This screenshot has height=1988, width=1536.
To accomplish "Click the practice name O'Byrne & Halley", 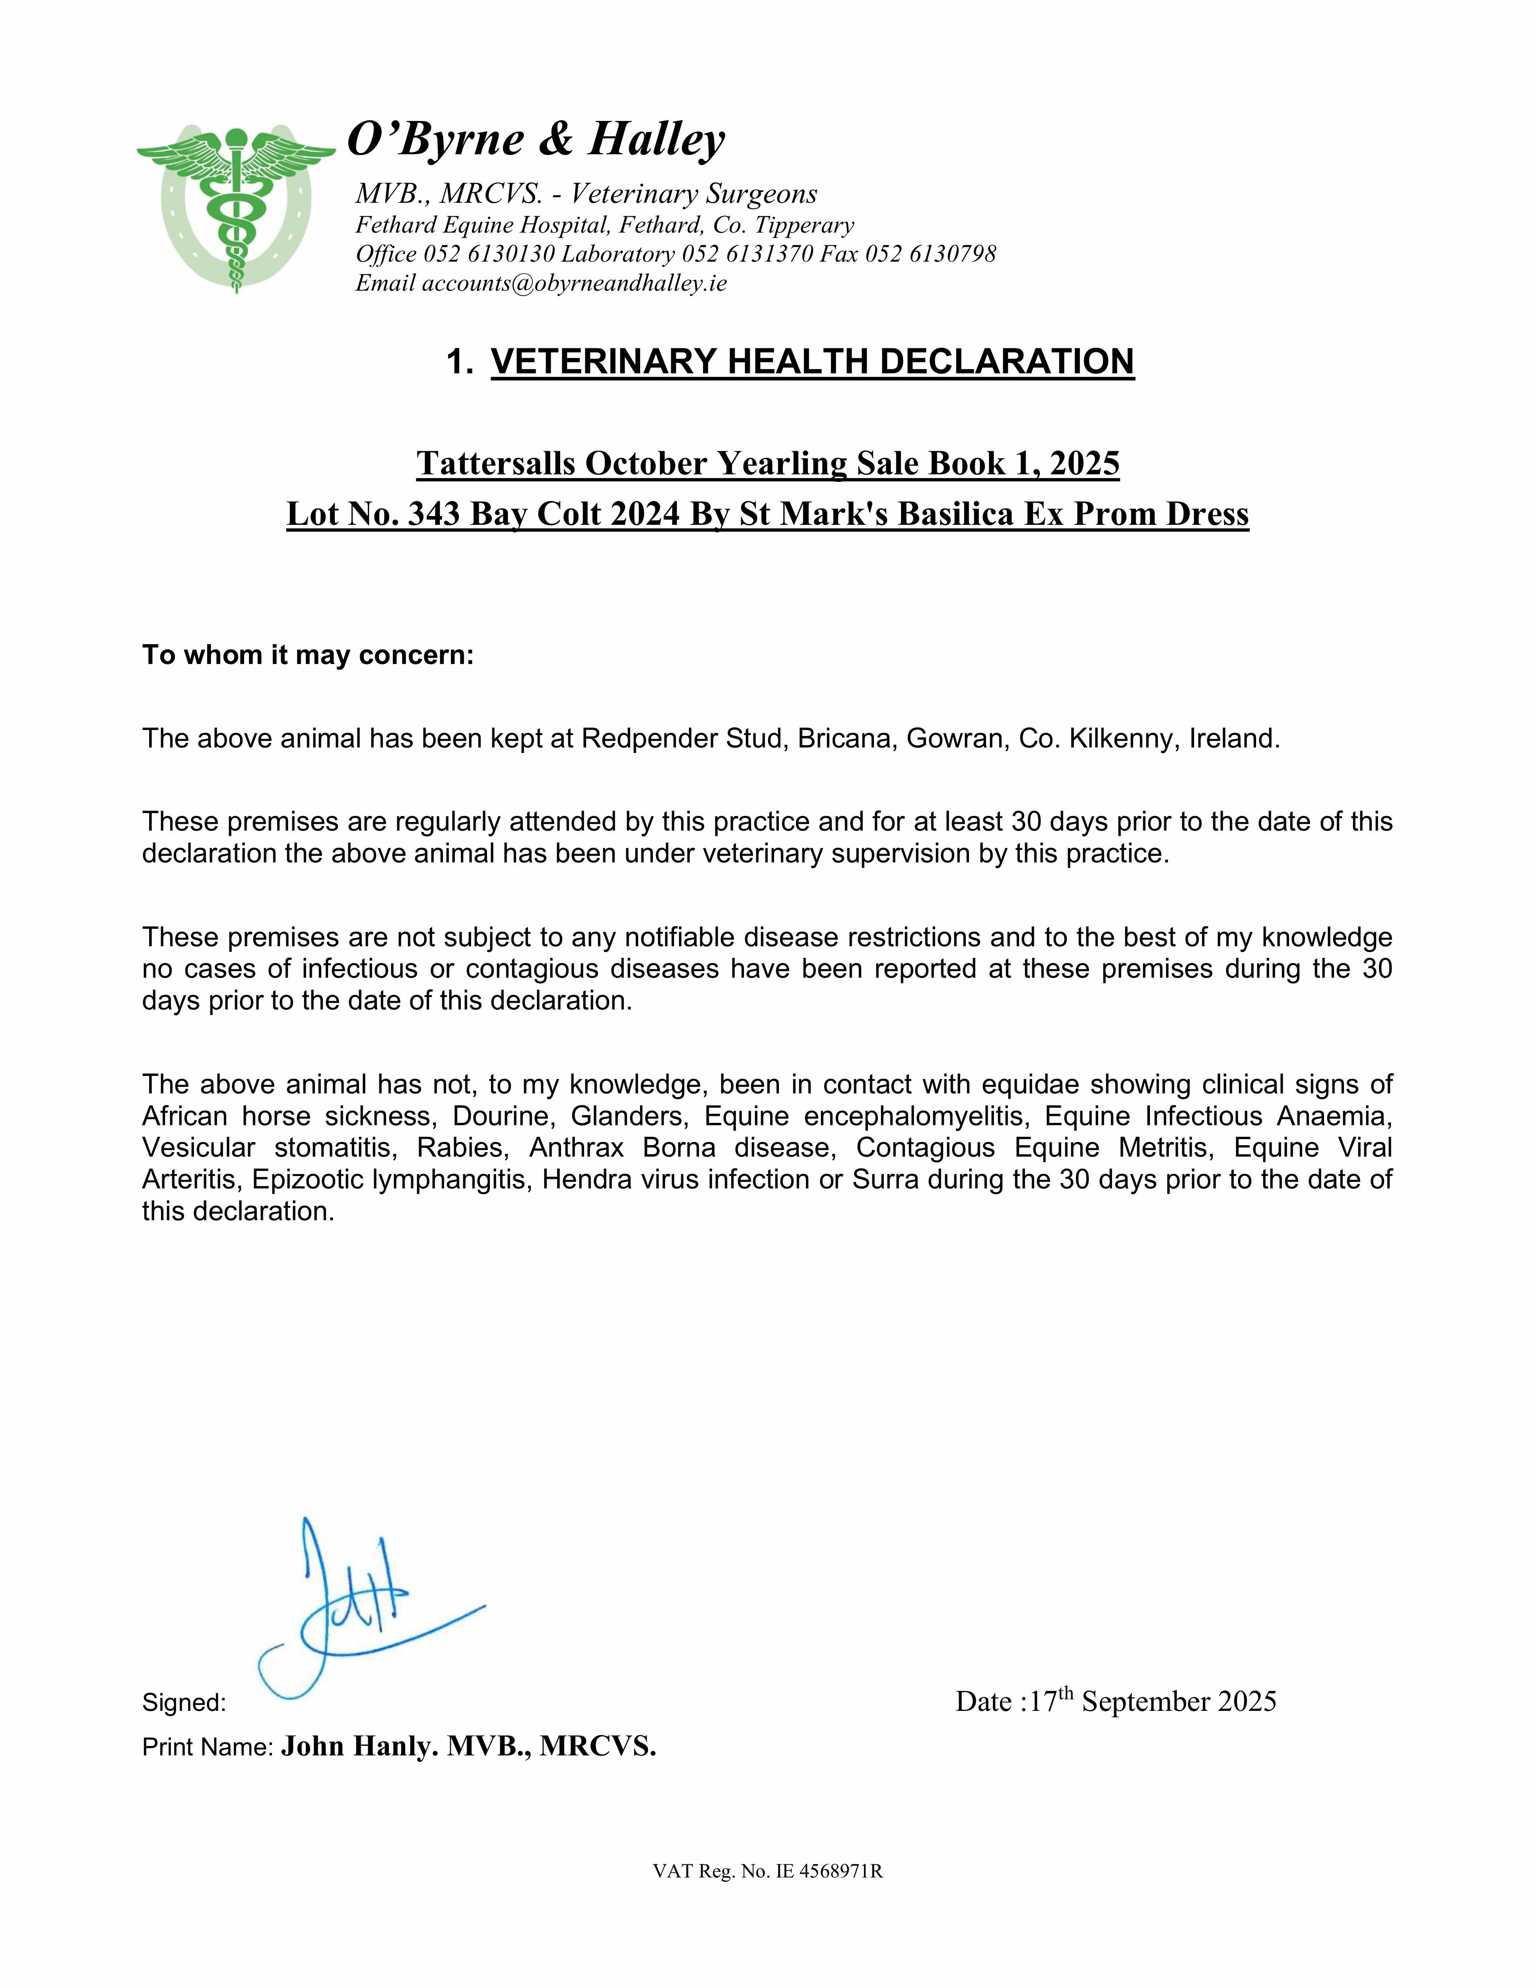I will tap(536, 139).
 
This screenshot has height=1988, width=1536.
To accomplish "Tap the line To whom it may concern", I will tap(308, 655).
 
